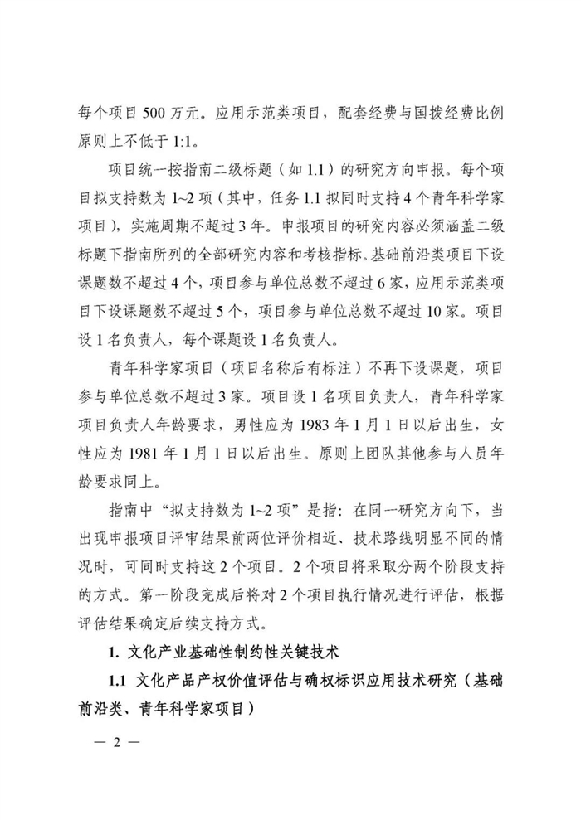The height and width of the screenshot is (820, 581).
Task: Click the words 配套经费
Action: pos(349,109)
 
